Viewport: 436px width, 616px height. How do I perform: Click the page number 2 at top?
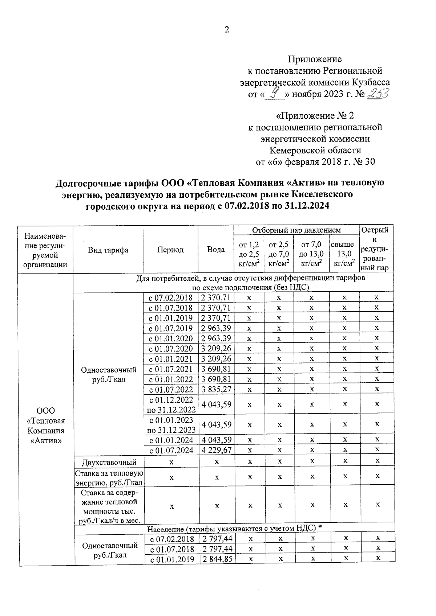[227, 30]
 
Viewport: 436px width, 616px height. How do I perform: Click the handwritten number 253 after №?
[378, 94]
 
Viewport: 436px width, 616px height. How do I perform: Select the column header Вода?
[216, 250]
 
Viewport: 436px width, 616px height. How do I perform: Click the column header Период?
[170, 250]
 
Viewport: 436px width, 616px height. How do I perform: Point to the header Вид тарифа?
[108, 250]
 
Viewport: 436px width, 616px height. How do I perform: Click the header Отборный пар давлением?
[296, 230]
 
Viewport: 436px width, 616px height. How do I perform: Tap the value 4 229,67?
[217, 450]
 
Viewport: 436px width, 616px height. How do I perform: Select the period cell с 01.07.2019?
[171, 328]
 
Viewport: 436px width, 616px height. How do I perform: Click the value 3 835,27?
[217, 389]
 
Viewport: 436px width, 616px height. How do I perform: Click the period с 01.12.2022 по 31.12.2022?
[171, 404]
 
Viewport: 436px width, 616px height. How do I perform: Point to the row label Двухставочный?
[109, 462]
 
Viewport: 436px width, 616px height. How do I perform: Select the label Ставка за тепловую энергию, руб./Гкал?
[109, 478]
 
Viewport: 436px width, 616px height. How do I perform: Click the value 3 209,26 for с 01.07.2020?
[217, 349]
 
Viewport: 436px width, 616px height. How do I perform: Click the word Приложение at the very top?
[315, 59]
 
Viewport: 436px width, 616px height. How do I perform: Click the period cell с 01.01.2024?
[171, 440]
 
